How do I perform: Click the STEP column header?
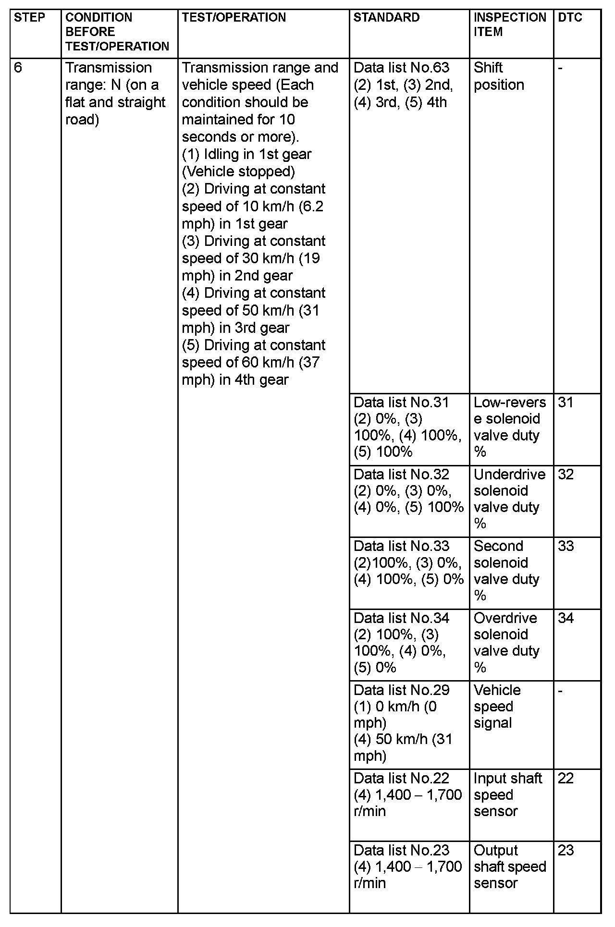pos(29,18)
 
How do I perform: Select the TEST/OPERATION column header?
pos(234,18)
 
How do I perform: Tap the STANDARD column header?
pos(386,18)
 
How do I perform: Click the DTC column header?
pos(570,18)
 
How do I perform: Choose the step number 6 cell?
pos(18,68)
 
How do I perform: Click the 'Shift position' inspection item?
pos(498,76)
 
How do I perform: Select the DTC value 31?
pos(566,403)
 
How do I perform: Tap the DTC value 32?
pos(566,475)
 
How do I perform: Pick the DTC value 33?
pos(566,546)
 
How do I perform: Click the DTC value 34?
pos(566,618)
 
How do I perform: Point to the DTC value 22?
pos(566,778)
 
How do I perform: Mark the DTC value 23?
pos(566,850)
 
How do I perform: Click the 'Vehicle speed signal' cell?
pos(497,707)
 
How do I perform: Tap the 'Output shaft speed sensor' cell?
pos(509,866)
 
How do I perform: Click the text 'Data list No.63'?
pos(401,68)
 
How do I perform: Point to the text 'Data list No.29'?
pos(401,690)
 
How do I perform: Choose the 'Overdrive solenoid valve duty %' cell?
pos(506,643)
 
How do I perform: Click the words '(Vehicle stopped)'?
pos(238,171)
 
